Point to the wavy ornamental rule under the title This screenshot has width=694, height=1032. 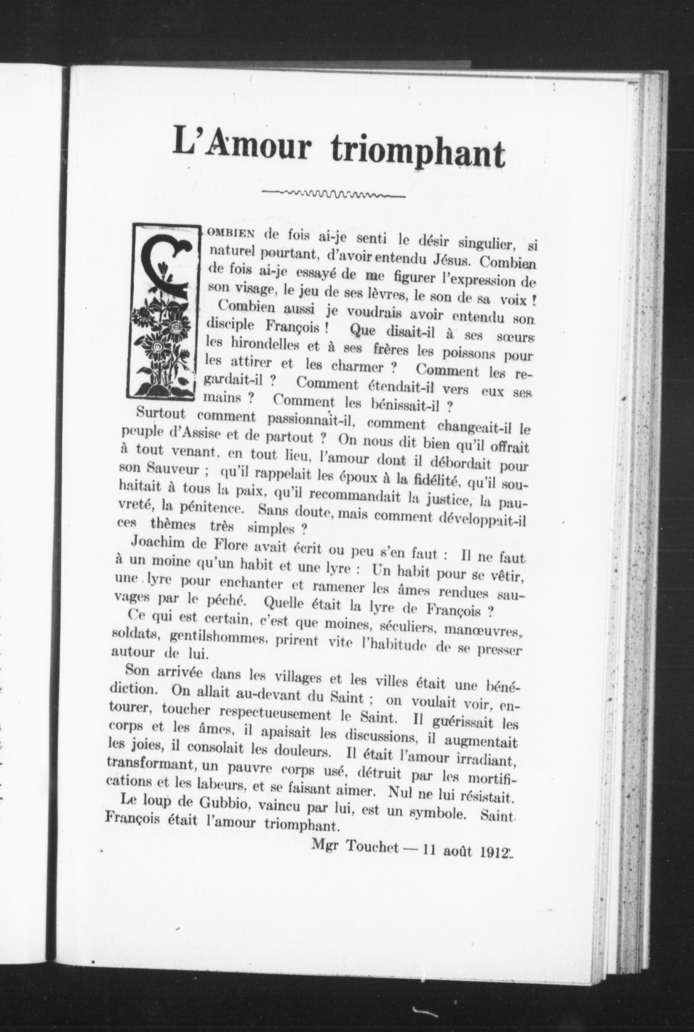333,193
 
